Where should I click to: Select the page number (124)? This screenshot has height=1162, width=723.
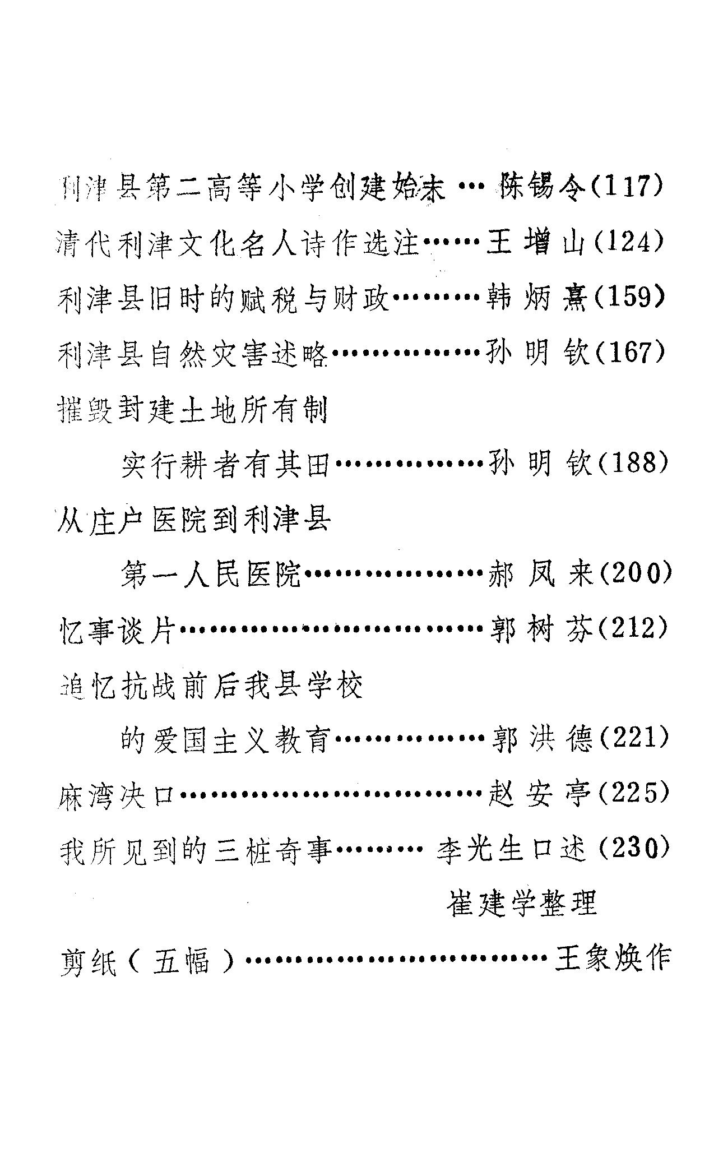click(x=628, y=243)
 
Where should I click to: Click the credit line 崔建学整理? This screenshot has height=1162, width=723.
click(x=521, y=904)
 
